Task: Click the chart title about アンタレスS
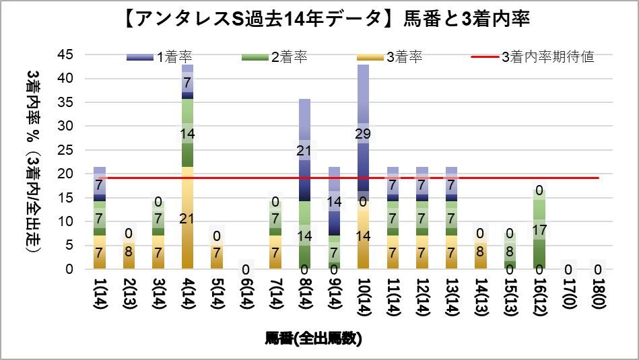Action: point(319,20)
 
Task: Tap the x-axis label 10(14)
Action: point(363,299)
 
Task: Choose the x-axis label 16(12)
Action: point(538,299)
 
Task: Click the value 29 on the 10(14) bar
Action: point(363,133)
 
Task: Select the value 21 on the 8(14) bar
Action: point(304,151)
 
